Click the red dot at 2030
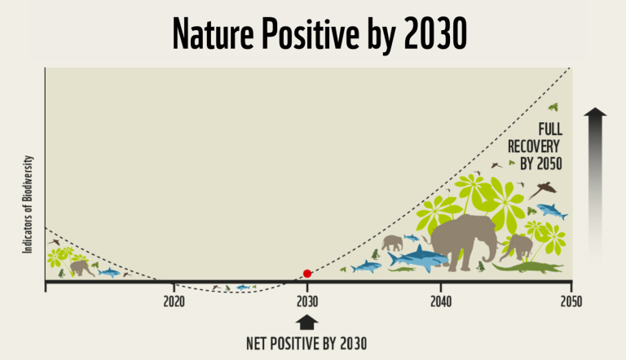click(307, 274)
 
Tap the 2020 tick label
click(174, 300)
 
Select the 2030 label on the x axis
click(307, 300)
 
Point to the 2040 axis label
click(440, 300)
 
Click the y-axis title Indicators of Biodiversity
click(27, 204)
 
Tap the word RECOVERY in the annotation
click(539, 146)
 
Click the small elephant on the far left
click(80, 267)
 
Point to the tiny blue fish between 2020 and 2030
click(242, 288)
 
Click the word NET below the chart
click(258, 342)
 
